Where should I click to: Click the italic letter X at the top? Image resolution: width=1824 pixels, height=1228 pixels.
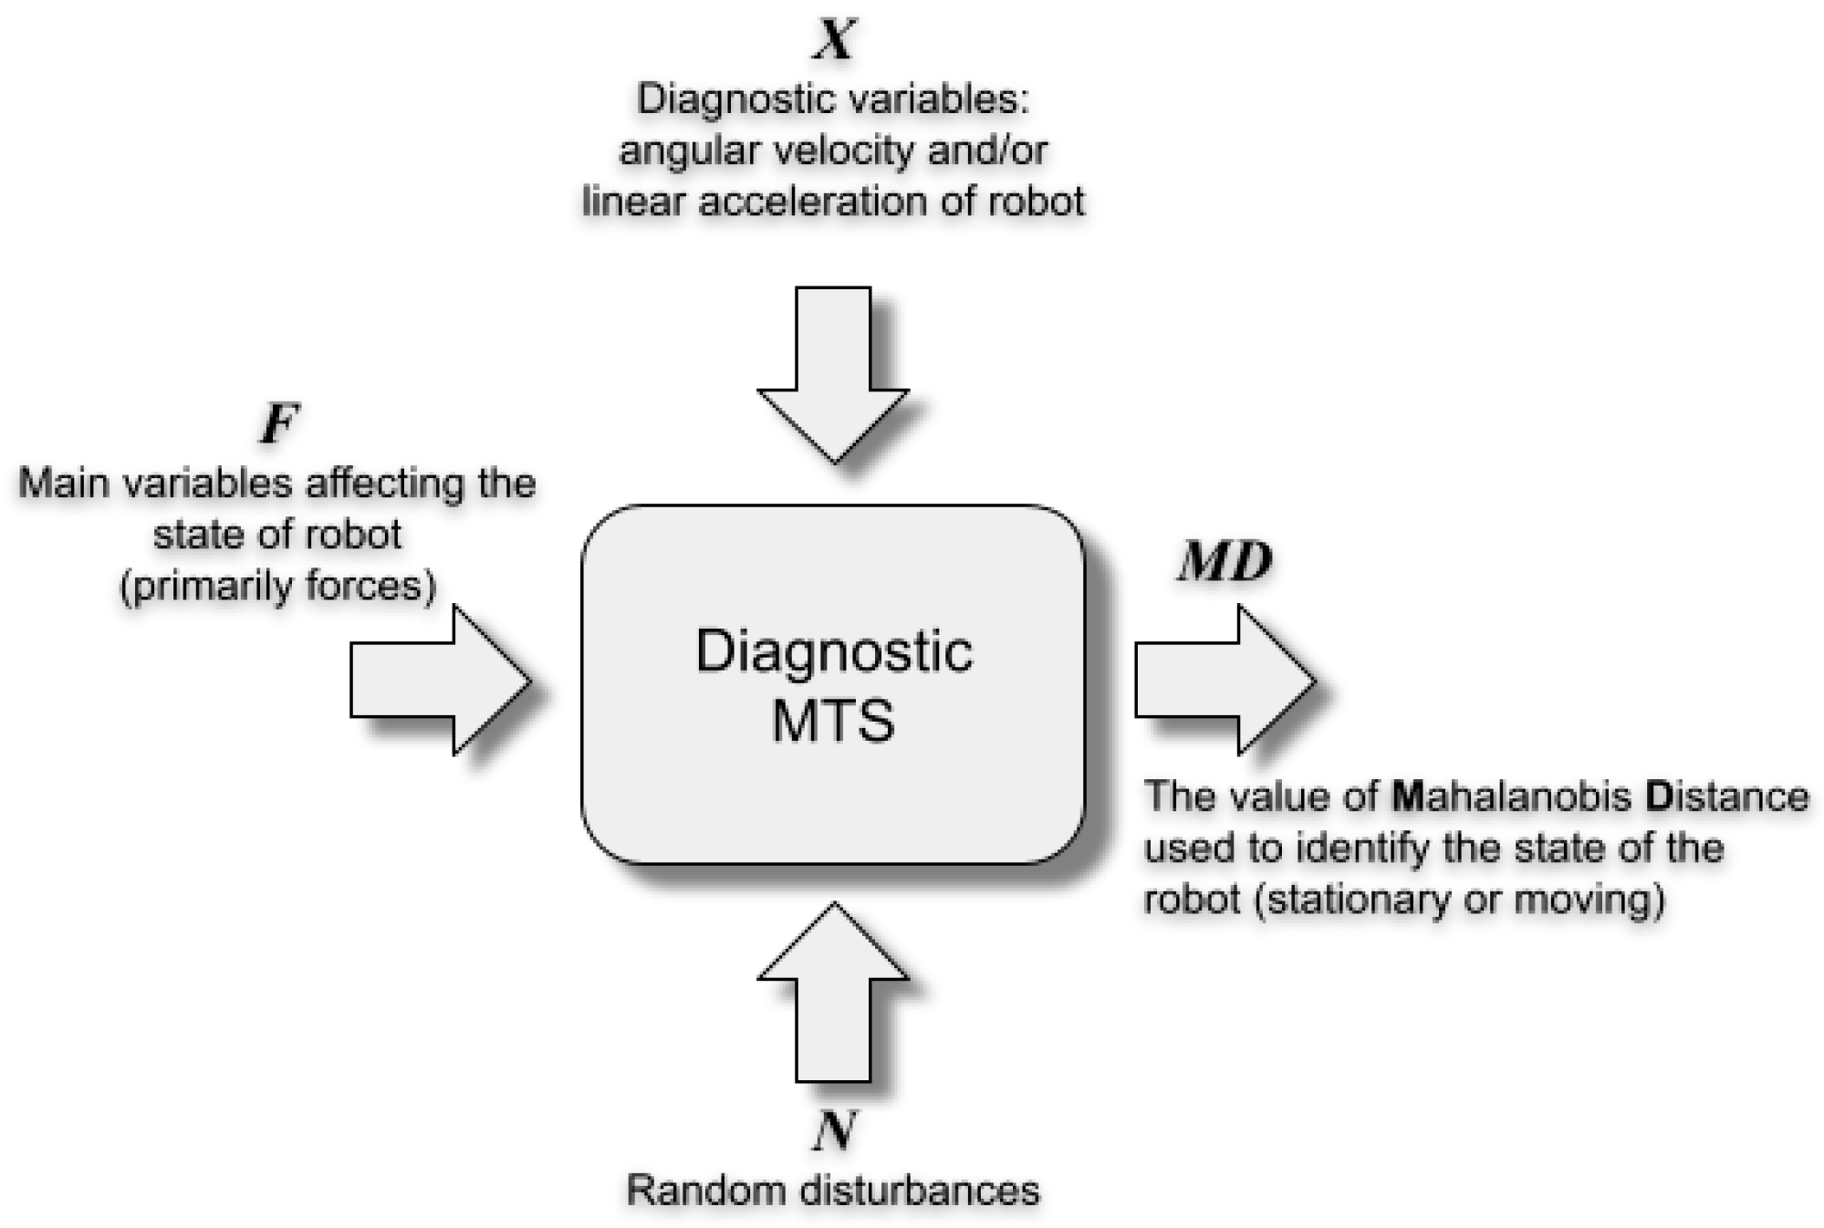coord(834,40)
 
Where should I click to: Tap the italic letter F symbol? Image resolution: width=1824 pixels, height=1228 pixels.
coord(279,424)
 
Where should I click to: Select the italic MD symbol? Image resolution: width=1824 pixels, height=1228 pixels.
coord(1225,562)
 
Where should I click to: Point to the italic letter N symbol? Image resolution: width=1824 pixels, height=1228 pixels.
coord(834,1131)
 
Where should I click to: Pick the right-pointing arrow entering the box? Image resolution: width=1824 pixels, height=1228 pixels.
coord(440,680)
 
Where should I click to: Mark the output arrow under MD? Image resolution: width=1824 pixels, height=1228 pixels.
coord(1225,680)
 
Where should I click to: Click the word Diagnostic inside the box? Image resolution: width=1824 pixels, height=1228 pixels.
coord(834,651)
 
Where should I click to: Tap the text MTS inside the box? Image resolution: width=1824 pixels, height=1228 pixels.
coord(833,721)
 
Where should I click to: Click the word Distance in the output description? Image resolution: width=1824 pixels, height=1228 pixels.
coord(1726,796)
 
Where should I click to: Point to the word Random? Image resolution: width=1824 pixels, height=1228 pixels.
coord(704,1191)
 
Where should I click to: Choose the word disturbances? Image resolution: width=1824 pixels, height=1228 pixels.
coord(915,1191)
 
